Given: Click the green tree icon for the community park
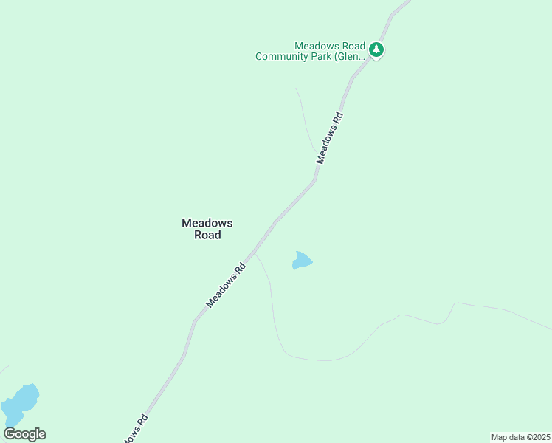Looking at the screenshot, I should click(377, 50).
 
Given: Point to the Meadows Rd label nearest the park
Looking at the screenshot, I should click(330, 138).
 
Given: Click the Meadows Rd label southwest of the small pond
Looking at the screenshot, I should click(226, 286).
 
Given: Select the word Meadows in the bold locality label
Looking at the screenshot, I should click(207, 222).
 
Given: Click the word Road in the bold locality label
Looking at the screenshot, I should click(207, 235).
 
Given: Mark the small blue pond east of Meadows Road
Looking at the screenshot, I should click(302, 261).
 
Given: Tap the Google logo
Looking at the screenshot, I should click(24, 434).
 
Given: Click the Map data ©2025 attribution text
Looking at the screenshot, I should click(521, 436).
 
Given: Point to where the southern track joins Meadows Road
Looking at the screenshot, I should click(255, 254).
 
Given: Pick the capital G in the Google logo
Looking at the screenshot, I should click(10, 434).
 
